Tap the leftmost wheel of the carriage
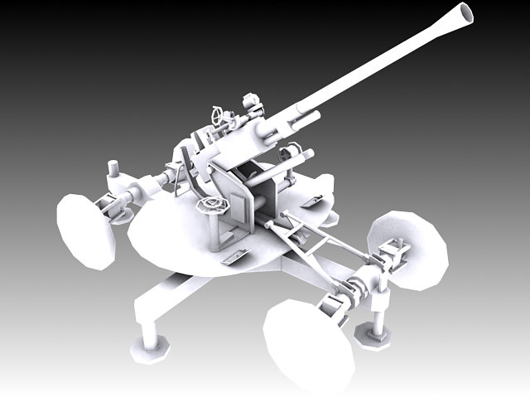point(85,231)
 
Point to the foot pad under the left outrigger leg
point(148,350)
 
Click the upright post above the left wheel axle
point(113,175)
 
